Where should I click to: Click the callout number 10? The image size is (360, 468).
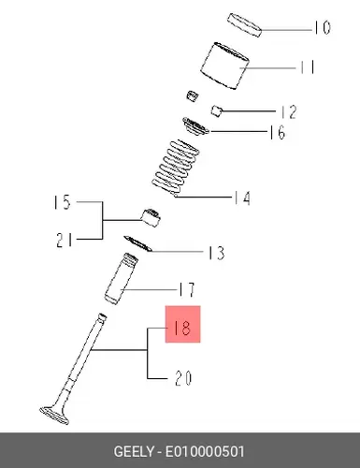(322, 27)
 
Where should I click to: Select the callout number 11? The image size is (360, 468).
(308, 67)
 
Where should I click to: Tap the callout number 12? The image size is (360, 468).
(288, 112)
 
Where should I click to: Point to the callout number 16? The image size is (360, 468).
(277, 132)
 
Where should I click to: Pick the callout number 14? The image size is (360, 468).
(242, 197)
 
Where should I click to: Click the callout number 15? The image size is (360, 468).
(63, 202)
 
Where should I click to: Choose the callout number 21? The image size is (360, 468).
(65, 241)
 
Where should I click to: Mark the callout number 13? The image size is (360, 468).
(216, 253)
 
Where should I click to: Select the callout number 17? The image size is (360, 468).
(187, 289)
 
